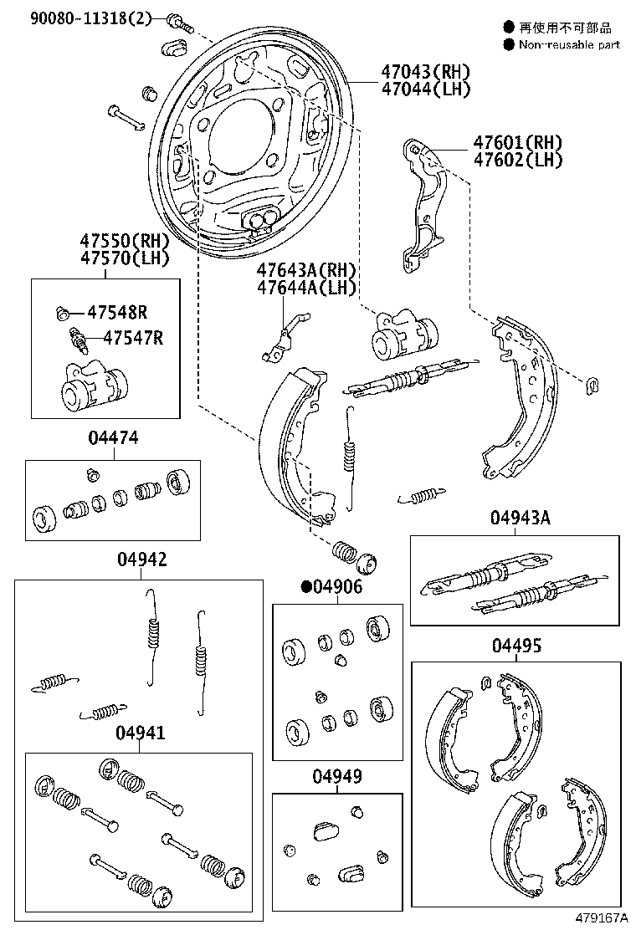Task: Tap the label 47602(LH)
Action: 517,160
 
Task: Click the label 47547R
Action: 132,338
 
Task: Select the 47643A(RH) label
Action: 306,270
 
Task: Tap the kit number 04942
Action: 141,560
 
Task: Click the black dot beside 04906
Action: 307,587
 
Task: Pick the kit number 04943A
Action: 520,518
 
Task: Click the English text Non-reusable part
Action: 569,45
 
